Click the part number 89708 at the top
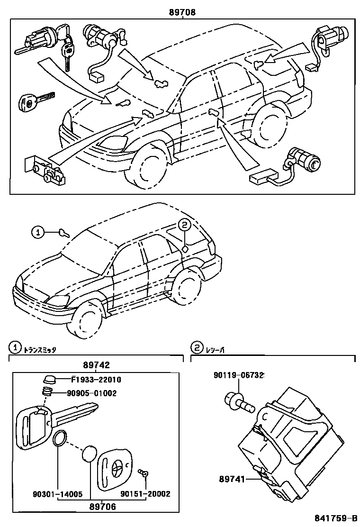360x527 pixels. (182, 13)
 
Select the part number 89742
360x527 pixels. (96, 365)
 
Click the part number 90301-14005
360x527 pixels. (57, 494)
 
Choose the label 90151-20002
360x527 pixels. (145, 494)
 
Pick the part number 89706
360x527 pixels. (102, 506)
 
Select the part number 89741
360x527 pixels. (232, 480)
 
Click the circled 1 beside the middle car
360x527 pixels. (38, 232)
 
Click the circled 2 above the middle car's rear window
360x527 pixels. (185, 225)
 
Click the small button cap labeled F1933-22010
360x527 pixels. (49, 380)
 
